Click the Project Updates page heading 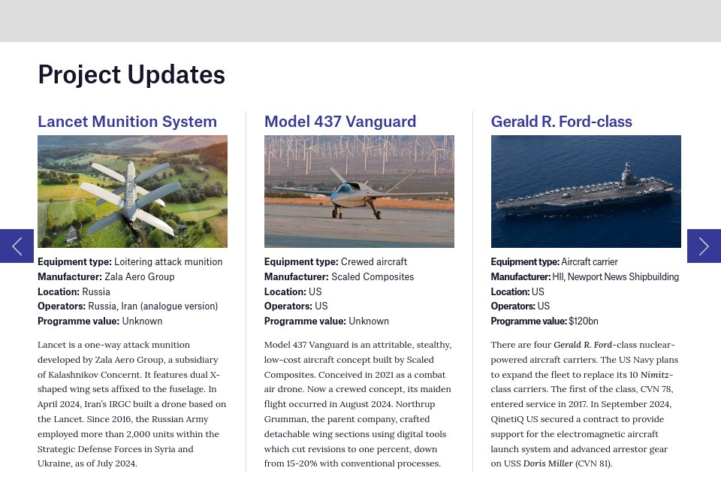click(131, 75)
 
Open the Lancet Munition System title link click(127, 122)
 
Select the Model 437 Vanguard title click(340, 122)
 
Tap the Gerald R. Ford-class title click(561, 122)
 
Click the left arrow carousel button click(17, 246)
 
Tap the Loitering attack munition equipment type click(168, 262)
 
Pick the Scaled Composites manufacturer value click(373, 276)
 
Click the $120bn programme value click(584, 321)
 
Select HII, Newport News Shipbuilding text click(615, 276)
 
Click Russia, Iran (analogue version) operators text click(152, 306)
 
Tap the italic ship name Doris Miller click(548, 463)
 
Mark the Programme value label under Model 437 click(304, 321)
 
